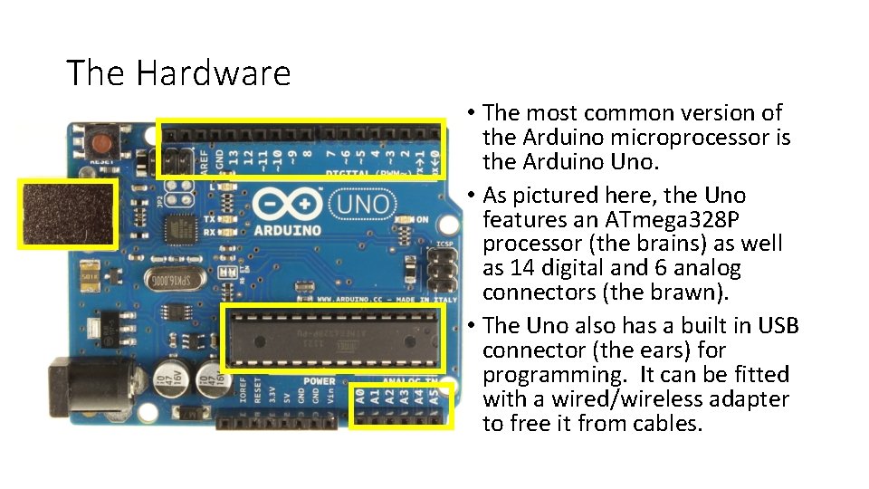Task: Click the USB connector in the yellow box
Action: coord(69,214)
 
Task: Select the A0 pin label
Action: coord(360,396)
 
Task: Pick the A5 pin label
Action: coord(435,396)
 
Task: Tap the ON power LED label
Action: coord(422,219)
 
